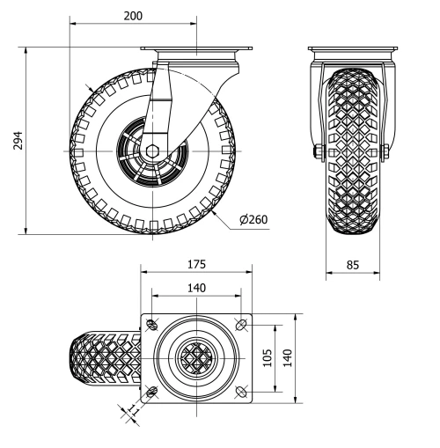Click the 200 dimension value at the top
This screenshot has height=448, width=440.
(x=134, y=16)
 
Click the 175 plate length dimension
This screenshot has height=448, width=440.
(x=195, y=264)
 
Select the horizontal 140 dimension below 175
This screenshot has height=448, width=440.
(x=195, y=288)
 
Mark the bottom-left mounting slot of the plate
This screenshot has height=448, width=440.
(x=152, y=390)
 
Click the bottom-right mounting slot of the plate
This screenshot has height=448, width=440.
(x=242, y=390)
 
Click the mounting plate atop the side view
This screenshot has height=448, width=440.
(x=196, y=50)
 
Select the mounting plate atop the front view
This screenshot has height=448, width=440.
(x=352, y=50)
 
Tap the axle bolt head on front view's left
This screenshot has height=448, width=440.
(x=315, y=156)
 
